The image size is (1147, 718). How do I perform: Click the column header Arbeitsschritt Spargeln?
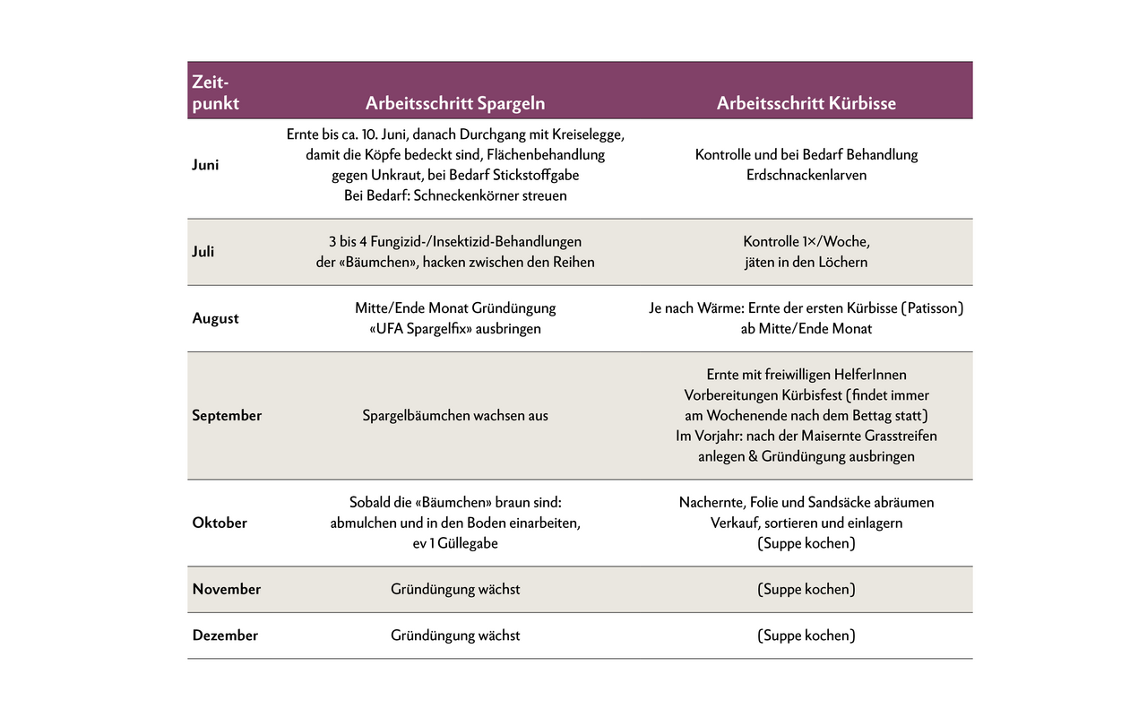point(455,103)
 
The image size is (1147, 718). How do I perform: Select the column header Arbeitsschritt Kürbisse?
point(806,103)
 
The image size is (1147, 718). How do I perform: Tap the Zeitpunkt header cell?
point(215,92)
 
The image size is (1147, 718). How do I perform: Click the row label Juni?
point(205,165)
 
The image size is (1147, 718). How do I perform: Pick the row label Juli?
point(203,252)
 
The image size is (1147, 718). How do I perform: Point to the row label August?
point(215,318)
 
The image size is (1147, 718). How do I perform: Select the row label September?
point(227,416)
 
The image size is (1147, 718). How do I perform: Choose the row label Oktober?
point(220,523)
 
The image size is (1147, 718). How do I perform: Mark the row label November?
point(227,589)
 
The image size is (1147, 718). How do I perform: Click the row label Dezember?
point(225,636)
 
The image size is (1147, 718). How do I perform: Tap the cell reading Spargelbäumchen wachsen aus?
point(455,416)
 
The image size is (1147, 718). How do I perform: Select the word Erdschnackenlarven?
point(806,175)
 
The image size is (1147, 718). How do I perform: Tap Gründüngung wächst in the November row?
point(455,589)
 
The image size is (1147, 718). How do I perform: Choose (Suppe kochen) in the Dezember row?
point(806,636)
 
